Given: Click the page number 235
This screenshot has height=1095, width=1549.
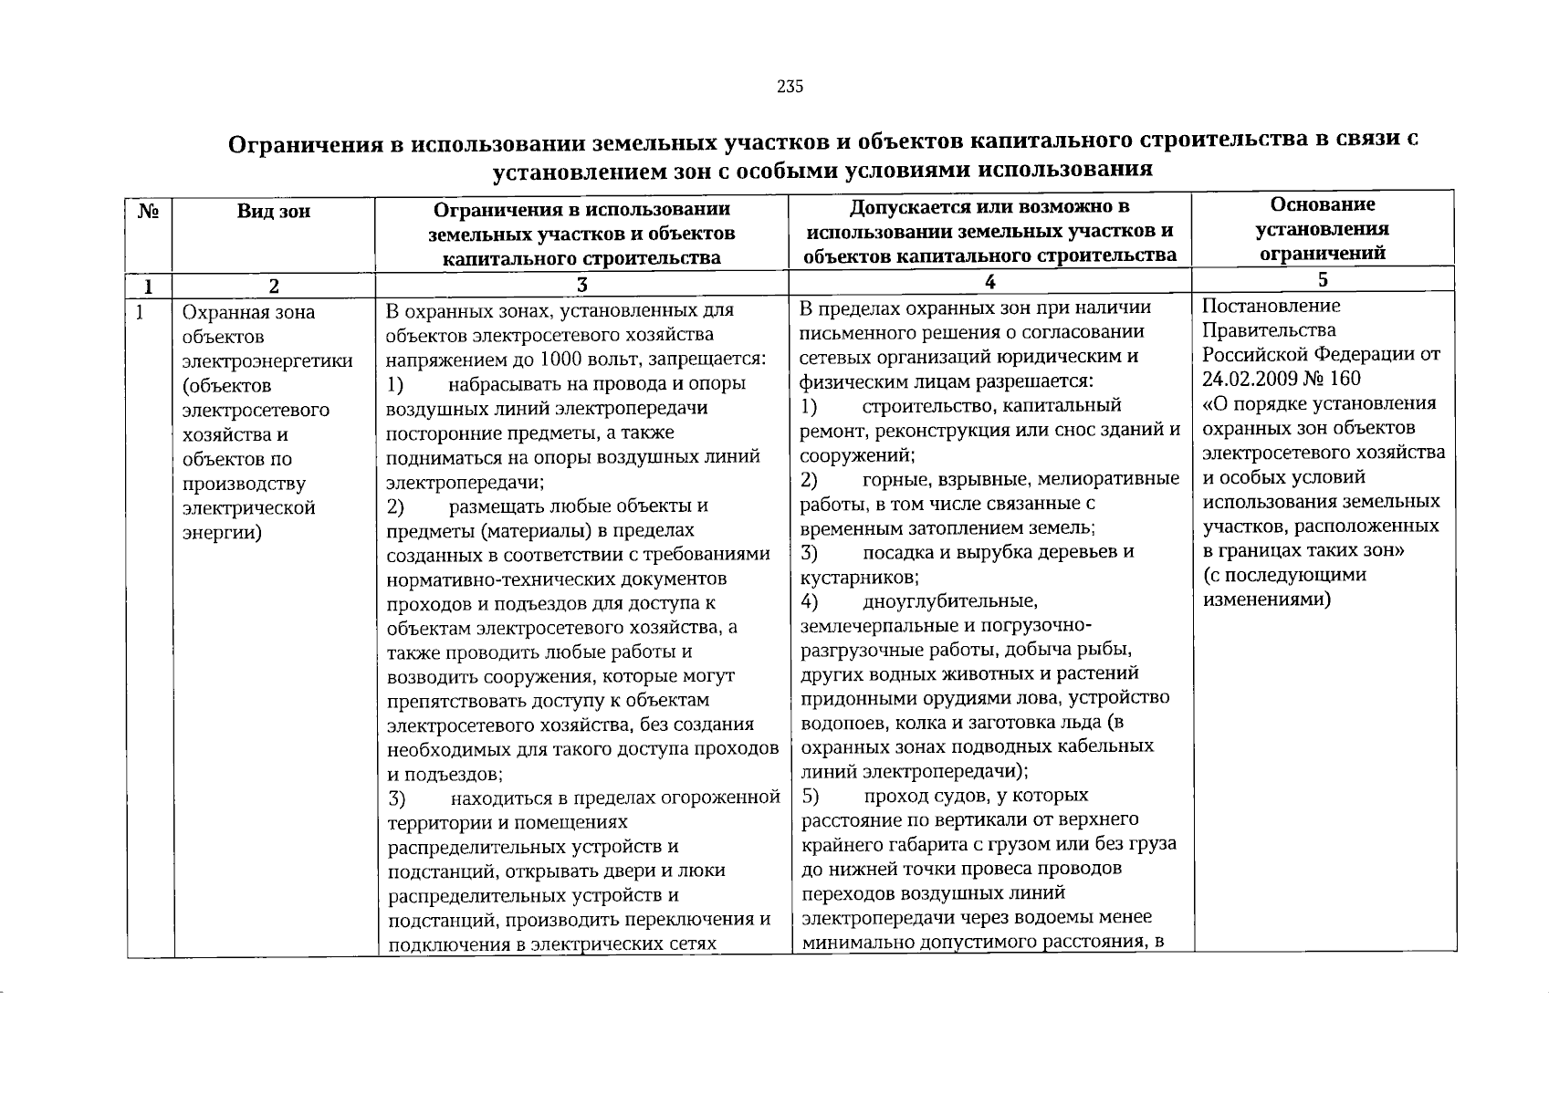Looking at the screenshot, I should (x=790, y=87).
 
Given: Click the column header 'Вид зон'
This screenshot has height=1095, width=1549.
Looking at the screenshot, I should (x=273, y=212).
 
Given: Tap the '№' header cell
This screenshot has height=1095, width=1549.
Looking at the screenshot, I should (x=149, y=212).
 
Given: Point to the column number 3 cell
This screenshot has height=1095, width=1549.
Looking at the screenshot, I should (x=581, y=285).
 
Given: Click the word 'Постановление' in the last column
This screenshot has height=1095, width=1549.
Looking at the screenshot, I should (x=1259, y=306).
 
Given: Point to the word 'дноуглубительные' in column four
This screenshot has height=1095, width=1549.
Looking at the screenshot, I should (x=950, y=601).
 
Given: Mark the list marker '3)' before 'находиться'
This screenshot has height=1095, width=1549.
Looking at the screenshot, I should (x=396, y=798).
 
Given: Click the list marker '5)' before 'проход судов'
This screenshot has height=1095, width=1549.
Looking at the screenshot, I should (x=811, y=795).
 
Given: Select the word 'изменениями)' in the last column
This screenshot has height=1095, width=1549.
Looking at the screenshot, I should (x=1266, y=600).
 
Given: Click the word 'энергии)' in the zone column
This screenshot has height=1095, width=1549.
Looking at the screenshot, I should (x=222, y=532).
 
